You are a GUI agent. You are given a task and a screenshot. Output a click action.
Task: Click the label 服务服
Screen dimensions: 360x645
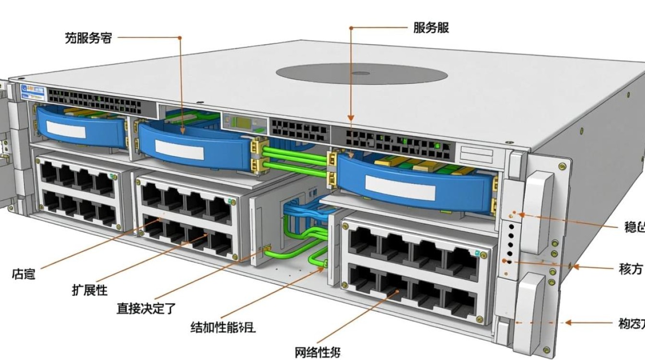point(431,28)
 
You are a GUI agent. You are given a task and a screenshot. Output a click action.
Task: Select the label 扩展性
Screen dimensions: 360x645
point(90,290)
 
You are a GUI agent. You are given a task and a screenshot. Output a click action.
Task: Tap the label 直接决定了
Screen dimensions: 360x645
point(146,308)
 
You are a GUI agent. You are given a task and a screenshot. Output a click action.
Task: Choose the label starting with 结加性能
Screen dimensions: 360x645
point(223,328)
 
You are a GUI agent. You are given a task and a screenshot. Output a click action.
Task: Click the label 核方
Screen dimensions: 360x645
point(630,269)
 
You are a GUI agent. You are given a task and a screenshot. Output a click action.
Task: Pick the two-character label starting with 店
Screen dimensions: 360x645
point(24,275)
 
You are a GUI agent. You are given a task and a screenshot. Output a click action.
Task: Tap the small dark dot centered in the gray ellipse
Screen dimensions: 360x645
point(361,74)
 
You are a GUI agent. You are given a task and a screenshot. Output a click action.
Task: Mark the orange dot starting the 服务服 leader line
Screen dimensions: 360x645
point(351,28)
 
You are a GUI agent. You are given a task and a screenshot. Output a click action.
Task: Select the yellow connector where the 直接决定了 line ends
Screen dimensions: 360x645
point(267,248)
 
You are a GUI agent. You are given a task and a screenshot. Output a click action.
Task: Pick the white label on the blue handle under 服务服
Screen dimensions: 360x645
point(399,187)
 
